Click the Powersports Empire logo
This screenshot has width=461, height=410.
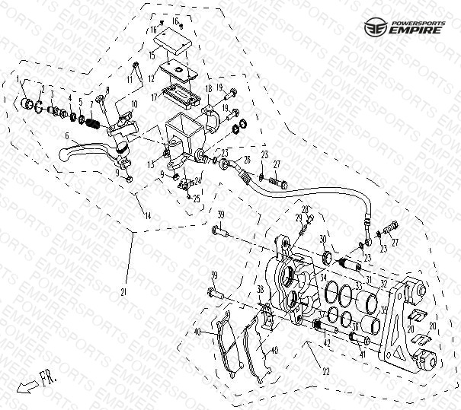coord(409,28)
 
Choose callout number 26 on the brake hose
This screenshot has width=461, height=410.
coord(246,160)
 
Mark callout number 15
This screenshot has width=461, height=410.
coord(152,56)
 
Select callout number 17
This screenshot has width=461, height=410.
coord(152,97)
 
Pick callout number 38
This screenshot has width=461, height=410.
coord(260,289)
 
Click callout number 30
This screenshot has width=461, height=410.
coord(322,240)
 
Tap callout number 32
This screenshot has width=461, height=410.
coord(383,284)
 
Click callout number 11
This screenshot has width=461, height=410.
coord(130,78)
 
